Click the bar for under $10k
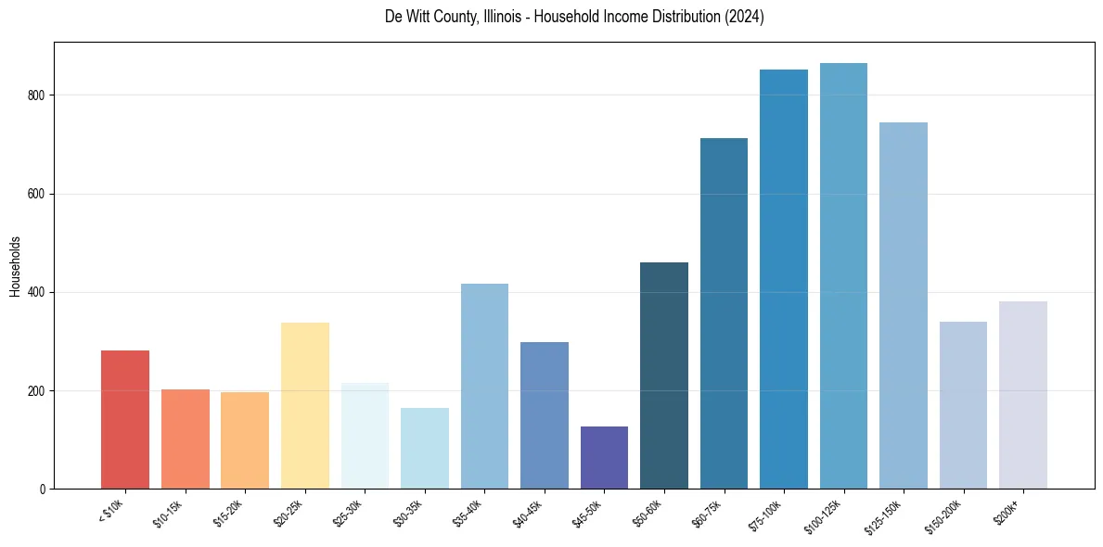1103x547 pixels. pos(125,420)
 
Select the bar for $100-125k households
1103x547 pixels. pos(843,276)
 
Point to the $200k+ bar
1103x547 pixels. pos(1023,395)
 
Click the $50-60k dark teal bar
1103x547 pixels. pos(664,375)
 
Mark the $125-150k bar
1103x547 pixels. pos(904,306)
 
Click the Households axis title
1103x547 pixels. pos(15,266)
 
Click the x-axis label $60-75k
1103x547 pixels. pos(708,512)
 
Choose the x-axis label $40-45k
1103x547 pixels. pos(529,512)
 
